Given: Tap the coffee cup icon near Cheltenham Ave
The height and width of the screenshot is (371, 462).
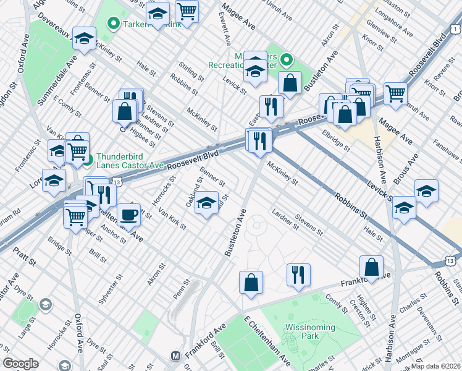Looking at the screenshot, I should click(x=128, y=215).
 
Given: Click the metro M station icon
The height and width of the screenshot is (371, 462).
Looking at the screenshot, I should click(x=175, y=356).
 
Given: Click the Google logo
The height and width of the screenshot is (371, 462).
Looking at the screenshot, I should click(x=20, y=364).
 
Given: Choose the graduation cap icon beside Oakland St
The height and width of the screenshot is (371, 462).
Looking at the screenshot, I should click(x=206, y=203).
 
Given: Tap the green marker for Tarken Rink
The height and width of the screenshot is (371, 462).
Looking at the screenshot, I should click(x=113, y=25).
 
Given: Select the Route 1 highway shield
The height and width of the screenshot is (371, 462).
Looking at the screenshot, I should click(x=455, y=28).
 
